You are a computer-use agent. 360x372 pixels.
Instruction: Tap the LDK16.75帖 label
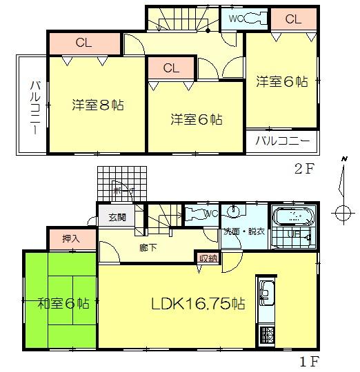click(x=198, y=302)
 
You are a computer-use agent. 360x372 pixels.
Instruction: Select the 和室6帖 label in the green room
click(x=63, y=302)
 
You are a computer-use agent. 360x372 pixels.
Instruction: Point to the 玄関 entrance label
click(x=117, y=217)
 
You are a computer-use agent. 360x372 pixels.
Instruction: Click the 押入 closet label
click(x=70, y=239)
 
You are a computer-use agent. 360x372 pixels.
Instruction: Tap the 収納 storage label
click(x=208, y=258)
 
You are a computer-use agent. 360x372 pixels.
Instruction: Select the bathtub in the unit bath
click(x=292, y=218)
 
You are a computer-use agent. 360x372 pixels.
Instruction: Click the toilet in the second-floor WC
click(x=249, y=19)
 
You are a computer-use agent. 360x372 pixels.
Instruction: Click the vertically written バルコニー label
click(x=33, y=107)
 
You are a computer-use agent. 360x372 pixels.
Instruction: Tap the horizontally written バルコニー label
click(x=283, y=141)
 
